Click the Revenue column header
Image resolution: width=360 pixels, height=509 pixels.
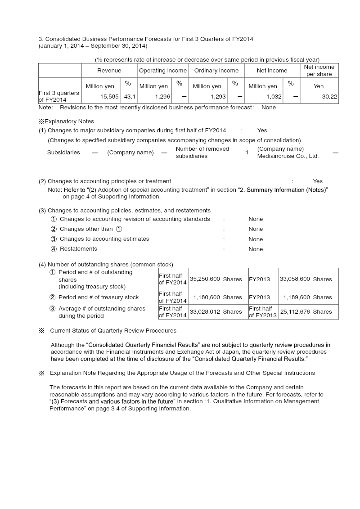[x=109, y=71]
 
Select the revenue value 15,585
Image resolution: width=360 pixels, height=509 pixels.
[x=110, y=96]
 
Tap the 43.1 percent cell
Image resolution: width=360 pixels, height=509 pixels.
[x=130, y=96]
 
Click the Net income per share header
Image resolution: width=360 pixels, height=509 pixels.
[x=319, y=71]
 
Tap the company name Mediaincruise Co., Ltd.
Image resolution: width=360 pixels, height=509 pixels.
[x=288, y=156]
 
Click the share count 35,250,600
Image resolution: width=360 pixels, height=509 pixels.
[x=205, y=279]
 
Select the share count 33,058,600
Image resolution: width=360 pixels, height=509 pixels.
[x=295, y=279]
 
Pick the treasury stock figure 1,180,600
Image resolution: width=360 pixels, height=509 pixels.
[x=207, y=297]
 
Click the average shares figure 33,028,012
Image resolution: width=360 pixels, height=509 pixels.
[x=205, y=311]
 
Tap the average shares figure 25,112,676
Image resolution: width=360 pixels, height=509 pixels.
[x=295, y=311]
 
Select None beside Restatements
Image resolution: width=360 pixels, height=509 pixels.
[x=256, y=249]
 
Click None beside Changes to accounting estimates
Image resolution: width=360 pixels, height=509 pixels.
[x=256, y=239]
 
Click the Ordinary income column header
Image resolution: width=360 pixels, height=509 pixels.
[x=216, y=71]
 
